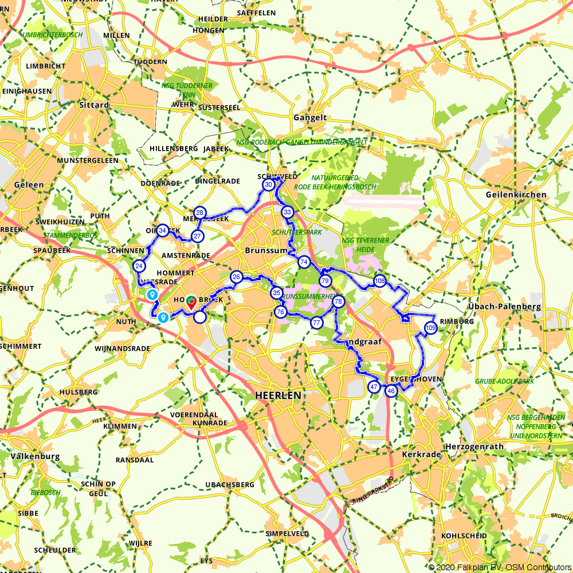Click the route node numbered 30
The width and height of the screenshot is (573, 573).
point(268,185)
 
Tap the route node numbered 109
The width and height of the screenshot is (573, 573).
point(431,328)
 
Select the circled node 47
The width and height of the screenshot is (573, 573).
point(374,387)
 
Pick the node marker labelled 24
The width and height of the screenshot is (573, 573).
point(139,266)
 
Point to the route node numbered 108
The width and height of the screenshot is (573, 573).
point(379,281)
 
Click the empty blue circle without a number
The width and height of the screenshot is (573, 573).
point(200,317)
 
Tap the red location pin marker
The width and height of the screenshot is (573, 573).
point(191,301)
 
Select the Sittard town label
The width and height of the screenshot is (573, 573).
point(94,105)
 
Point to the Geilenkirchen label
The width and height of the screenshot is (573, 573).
point(516,195)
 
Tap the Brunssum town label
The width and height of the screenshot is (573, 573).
point(265,251)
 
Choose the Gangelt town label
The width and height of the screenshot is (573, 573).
point(309,117)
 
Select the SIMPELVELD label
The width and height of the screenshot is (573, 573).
point(286,533)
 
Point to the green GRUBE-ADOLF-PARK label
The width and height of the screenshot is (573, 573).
point(504,381)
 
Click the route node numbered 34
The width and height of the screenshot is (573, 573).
point(163,230)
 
